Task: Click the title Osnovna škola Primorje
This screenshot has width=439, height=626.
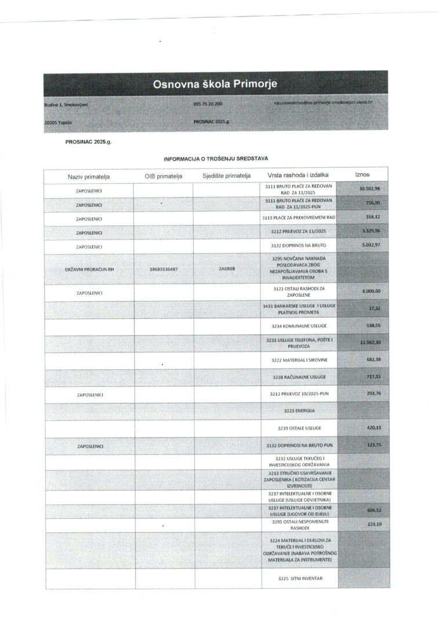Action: pyautogui.click(x=215, y=85)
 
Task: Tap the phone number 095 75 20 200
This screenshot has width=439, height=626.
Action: pyautogui.click(x=208, y=103)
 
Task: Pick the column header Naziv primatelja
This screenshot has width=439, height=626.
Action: pyautogui.click(x=89, y=176)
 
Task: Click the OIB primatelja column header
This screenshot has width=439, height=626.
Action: pyautogui.click(x=164, y=176)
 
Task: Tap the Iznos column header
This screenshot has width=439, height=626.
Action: pyautogui.click(x=362, y=174)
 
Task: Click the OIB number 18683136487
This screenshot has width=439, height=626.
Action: pyautogui.click(x=164, y=269)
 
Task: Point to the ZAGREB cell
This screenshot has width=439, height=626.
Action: pyautogui.click(x=227, y=269)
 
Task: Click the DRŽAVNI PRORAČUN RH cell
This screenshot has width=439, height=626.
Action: pyautogui.click(x=89, y=269)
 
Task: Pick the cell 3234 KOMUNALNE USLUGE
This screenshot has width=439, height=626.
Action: pyautogui.click(x=299, y=326)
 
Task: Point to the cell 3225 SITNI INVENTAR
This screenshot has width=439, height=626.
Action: pyautogui.click(x=299, y=578)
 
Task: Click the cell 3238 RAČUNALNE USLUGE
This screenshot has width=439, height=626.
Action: pyautogui.click(x=299, y=377)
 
